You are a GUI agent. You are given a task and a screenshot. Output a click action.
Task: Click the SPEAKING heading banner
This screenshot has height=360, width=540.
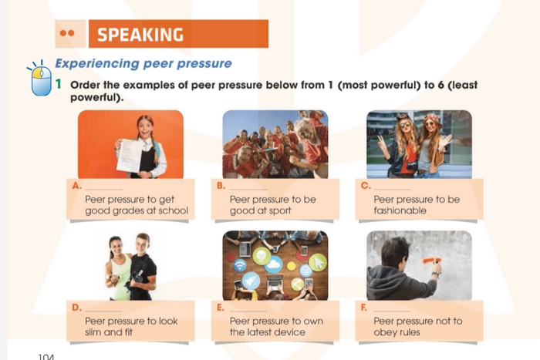[177, 35]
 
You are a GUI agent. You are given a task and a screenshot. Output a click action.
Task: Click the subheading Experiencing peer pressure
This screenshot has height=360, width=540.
[143, 63]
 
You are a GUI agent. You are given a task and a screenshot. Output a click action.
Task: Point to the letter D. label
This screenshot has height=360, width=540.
[76, 308]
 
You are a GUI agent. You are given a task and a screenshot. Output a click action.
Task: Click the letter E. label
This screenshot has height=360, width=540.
[221, 308]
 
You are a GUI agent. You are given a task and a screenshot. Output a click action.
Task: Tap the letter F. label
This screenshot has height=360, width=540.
[364, 308]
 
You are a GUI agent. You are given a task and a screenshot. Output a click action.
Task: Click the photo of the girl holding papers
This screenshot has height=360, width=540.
[130, 145]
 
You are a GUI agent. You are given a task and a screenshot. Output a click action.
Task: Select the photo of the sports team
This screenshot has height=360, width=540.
[275, 145]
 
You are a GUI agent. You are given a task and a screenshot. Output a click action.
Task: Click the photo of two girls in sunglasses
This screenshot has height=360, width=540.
[419, 145]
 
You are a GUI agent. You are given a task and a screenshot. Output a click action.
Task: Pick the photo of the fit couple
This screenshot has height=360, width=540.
[130, 266]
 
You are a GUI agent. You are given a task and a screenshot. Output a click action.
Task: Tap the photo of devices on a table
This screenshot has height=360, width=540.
[275, 266]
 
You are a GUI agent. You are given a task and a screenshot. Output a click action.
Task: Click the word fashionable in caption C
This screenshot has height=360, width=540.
[400, 211]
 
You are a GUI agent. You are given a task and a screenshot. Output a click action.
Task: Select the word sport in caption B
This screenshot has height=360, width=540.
[276, 211]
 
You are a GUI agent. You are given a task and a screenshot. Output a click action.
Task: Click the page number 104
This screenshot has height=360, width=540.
[45, 356]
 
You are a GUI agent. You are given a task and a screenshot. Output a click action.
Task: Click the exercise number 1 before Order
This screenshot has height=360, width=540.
[59, 85]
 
